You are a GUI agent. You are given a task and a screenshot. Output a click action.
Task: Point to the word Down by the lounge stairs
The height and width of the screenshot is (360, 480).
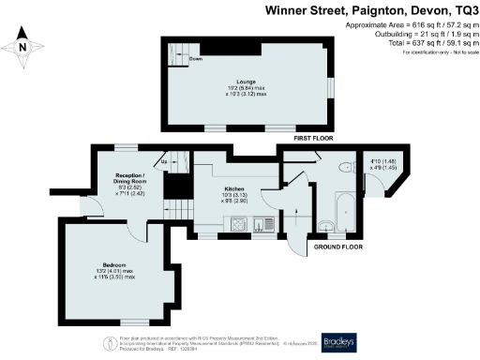pos(195,59)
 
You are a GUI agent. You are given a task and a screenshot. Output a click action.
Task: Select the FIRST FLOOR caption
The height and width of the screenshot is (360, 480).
pos(314,138)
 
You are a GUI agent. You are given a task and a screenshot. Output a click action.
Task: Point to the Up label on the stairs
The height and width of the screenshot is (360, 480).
pos(164,161)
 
